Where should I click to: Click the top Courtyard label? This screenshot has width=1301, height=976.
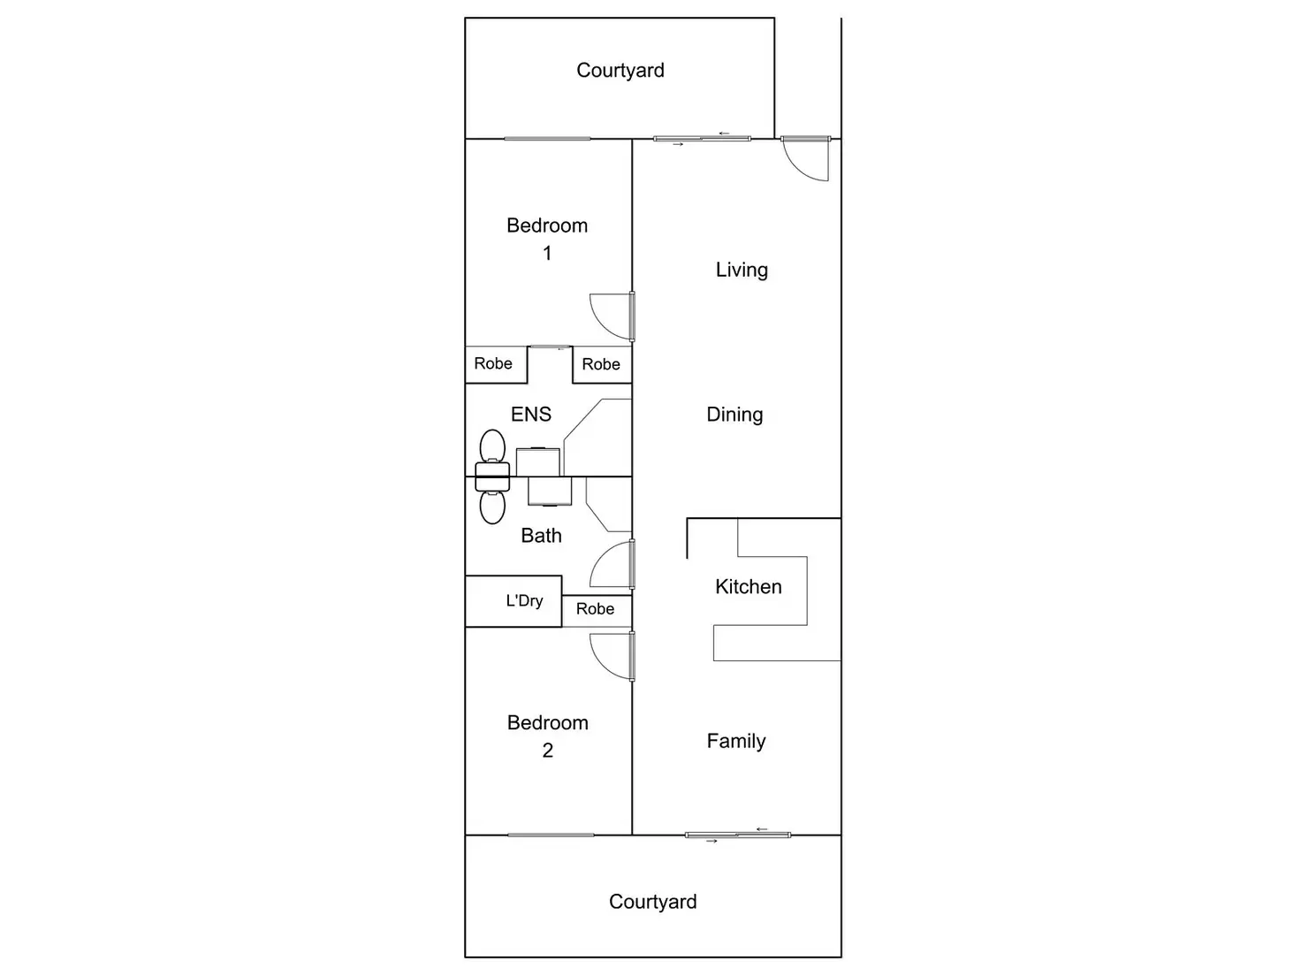(620, 71)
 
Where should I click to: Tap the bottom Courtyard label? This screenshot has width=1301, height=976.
(652, 902)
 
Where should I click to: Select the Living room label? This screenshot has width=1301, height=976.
(742, 270)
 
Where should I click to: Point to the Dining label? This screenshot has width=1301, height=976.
(734, 415)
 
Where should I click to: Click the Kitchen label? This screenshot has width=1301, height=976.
(748, 587)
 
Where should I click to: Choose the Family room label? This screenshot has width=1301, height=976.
(735, 741)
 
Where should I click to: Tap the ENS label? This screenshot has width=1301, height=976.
(530, 414)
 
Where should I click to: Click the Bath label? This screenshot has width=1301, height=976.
(541, 536)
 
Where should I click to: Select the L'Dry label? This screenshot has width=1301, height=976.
(524, 601)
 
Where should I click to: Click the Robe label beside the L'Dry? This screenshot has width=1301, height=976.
(595, 609)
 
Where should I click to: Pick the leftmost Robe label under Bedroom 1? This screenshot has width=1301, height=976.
(493, 363)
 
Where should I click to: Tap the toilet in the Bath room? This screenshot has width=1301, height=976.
(492, 506)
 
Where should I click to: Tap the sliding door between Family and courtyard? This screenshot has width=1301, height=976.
(737, 835)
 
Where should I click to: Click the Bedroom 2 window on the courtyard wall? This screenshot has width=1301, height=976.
(551, 835)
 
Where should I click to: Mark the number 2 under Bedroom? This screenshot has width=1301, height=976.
(547, 751)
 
